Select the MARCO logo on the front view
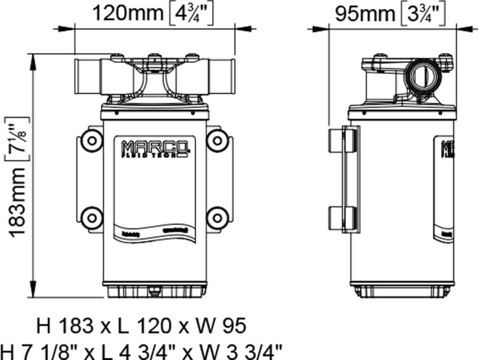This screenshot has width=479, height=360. click(154, 148)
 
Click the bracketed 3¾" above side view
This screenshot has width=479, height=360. click(423, 14)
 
